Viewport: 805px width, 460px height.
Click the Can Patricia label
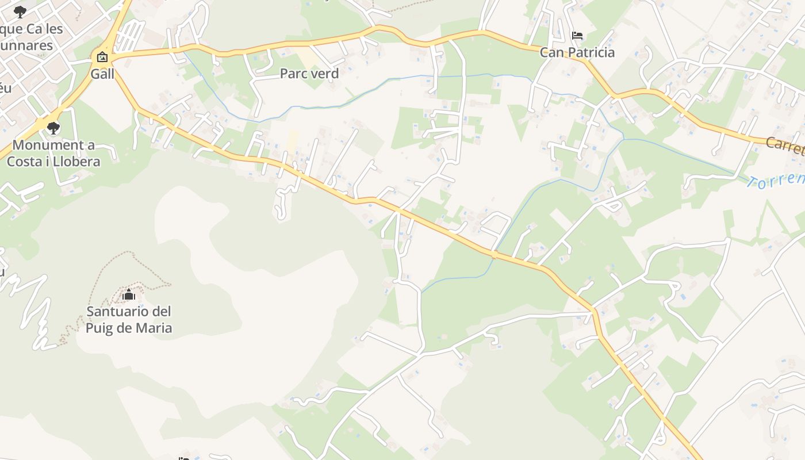577,52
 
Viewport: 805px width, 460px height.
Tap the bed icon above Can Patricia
577,36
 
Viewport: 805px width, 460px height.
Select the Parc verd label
309,74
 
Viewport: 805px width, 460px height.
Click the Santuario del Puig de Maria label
129,320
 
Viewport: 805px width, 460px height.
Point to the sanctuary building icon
129,296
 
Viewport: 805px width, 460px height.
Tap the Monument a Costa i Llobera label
53,153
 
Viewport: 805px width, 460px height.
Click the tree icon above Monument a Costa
53,128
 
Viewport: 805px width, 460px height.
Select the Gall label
102,74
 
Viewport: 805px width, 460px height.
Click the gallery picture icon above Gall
102,56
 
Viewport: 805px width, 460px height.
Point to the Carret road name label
785,145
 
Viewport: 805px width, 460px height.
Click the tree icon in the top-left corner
20,11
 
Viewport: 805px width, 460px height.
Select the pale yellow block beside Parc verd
308,57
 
